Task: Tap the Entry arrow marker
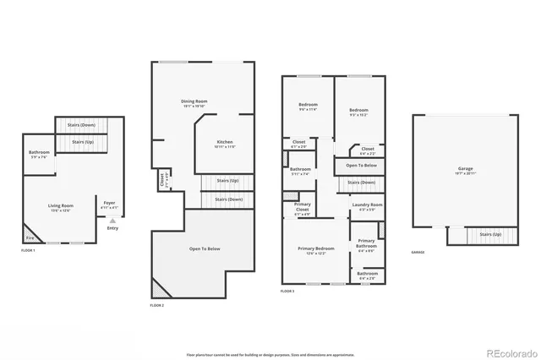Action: coord(112,221)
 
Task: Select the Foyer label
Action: coord(110,203)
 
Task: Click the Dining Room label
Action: coord(195,101)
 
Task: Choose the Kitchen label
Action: coord(224,142)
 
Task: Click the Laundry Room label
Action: coord(366,205)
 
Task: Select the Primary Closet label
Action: coord(302,207)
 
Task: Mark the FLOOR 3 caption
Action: coord(287,291)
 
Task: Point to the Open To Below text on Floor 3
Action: coord(361,165)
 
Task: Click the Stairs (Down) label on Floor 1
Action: coord(86,125)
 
